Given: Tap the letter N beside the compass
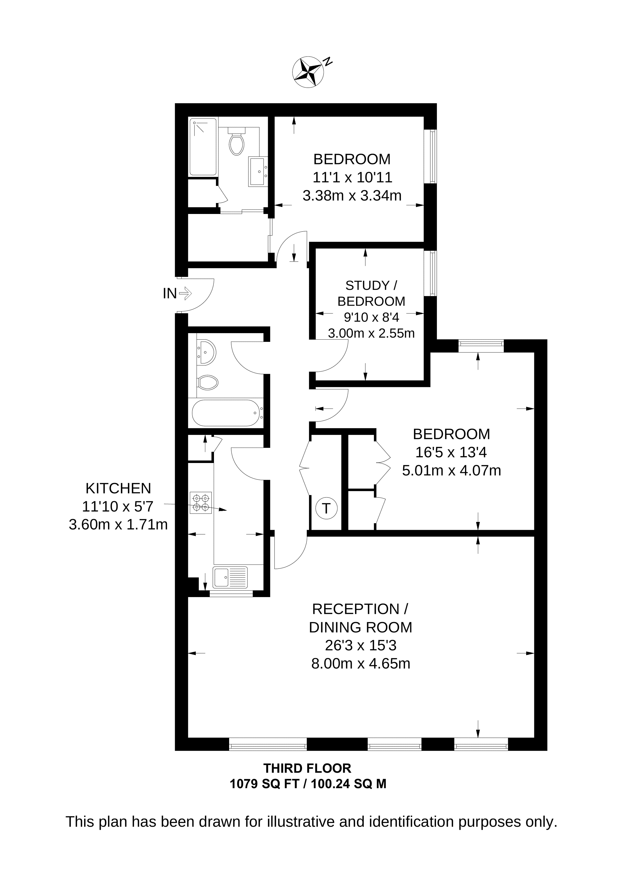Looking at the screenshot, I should coord(327,61).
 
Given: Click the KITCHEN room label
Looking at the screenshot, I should coord(118,488).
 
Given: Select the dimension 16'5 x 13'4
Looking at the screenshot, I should coord(451,452).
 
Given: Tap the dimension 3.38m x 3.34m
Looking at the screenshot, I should coord(352,195).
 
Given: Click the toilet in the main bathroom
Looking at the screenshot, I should coord(208,383).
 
